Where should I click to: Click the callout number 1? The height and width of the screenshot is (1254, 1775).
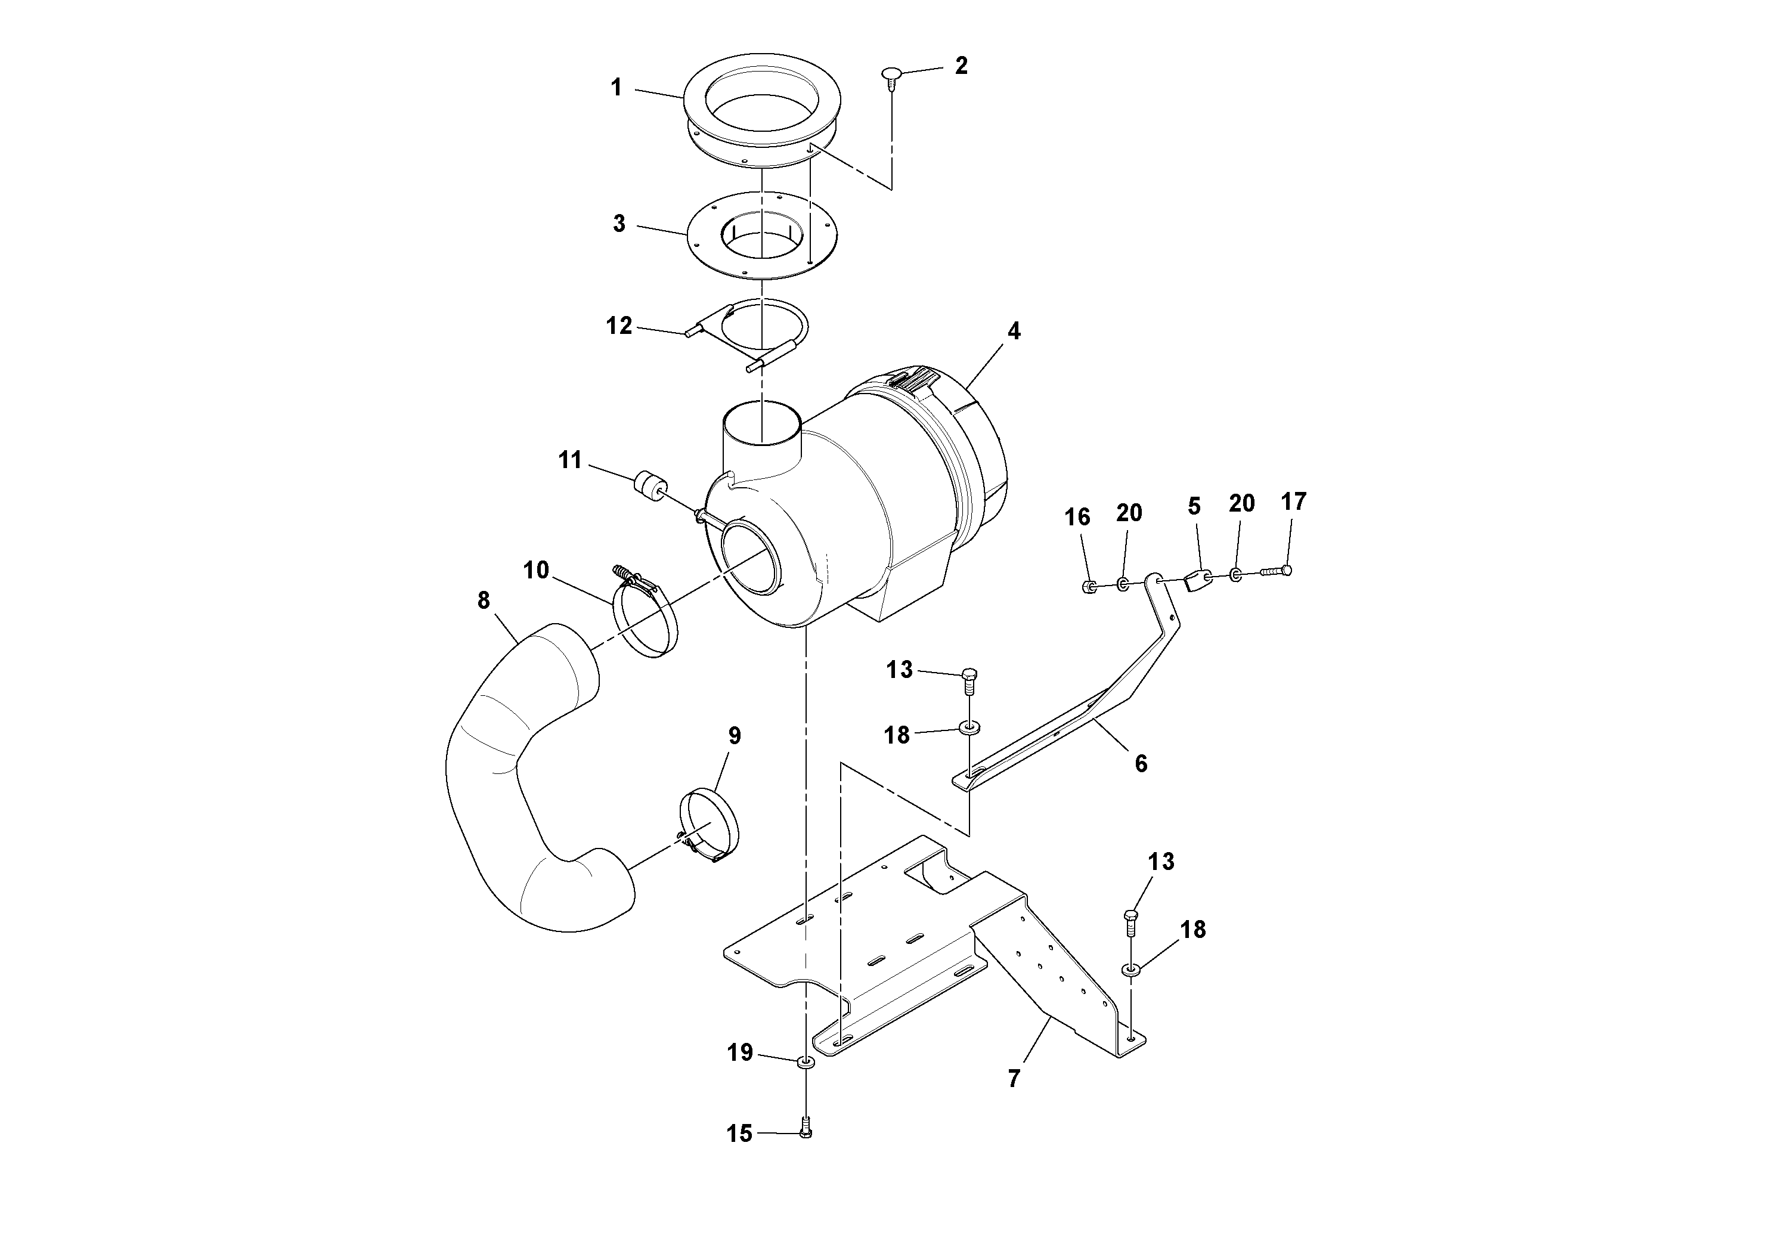tap(616, 88)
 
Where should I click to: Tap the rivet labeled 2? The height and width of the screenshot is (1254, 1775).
tap(891, 75)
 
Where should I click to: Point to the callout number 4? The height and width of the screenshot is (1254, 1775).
tap(1014, 331)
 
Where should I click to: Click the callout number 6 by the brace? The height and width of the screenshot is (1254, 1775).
tap(1141, 764)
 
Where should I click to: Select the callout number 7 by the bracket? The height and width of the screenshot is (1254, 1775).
tap(1014, 1079)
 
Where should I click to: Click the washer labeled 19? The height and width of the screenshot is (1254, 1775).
tap(806, 1062)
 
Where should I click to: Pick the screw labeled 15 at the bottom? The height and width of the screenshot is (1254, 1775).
tap(806, 1132)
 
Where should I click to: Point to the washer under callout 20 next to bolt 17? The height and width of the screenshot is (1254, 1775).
tap(1235, 574)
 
